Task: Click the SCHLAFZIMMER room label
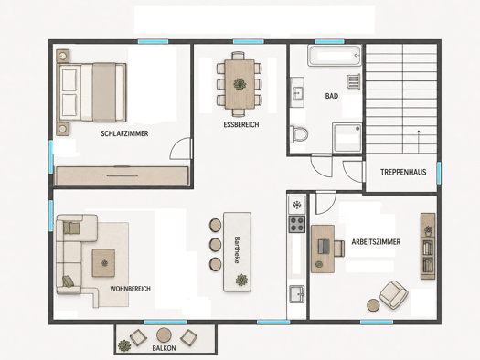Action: [124, 133]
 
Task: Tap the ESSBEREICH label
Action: [241, 125]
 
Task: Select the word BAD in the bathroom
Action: [332, 96]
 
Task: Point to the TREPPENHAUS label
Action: [403, 172]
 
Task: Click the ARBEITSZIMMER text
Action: [376, 242]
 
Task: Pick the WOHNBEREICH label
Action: [131, 289]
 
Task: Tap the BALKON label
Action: [164, 348]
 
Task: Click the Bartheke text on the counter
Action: [236, 249]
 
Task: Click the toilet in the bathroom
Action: [299, 134]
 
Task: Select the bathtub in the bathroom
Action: [335, 56]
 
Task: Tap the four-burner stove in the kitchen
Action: [297, 224]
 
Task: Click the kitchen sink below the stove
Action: [297, 294]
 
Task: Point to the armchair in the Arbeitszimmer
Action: [394, 295]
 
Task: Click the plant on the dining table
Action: [240, 84]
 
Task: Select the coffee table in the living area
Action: [104, 263]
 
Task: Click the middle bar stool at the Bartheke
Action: [215, 244]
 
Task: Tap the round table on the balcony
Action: [164, 335]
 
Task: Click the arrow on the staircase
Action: [419, 142]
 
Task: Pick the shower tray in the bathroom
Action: [347, 137]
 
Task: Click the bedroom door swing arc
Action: [176, 143]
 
